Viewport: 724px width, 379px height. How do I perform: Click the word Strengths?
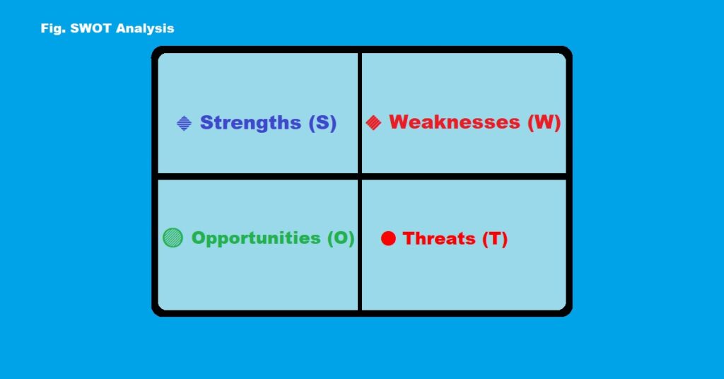pos(250,123)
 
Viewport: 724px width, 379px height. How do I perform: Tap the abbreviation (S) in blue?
pos(322,123)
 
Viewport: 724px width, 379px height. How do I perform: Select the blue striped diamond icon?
pos(184,124)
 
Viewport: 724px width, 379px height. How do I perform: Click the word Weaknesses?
pos(454,122)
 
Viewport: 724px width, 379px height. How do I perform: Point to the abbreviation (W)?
pos(544,122)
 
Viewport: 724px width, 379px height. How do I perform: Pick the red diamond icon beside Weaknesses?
pos(374,123)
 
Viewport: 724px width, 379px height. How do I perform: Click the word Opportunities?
pos(256,238)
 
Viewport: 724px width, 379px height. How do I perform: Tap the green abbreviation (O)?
pos(340,238)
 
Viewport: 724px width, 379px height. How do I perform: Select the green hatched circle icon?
pos(173,238)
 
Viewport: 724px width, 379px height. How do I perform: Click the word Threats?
pos(439,239)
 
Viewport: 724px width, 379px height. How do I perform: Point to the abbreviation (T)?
pos(495,239)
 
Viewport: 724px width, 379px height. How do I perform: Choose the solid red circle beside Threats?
pos(388,238)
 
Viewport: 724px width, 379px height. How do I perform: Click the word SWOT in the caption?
pos(89,29)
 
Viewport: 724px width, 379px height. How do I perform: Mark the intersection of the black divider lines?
pos(360,176)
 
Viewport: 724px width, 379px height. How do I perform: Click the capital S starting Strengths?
pos(206,123)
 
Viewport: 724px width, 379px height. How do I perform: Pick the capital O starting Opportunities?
pos(199,238)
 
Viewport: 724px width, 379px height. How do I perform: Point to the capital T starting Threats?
pos(409,239)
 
